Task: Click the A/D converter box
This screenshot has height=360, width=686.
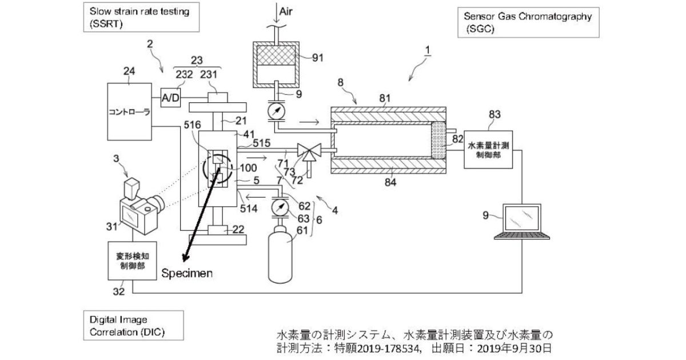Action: click(170, 98)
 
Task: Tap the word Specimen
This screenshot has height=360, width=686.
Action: click(186, 273)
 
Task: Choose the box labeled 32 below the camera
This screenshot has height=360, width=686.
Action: click(133, 260)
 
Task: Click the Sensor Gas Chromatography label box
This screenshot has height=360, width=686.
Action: click(528, 22)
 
